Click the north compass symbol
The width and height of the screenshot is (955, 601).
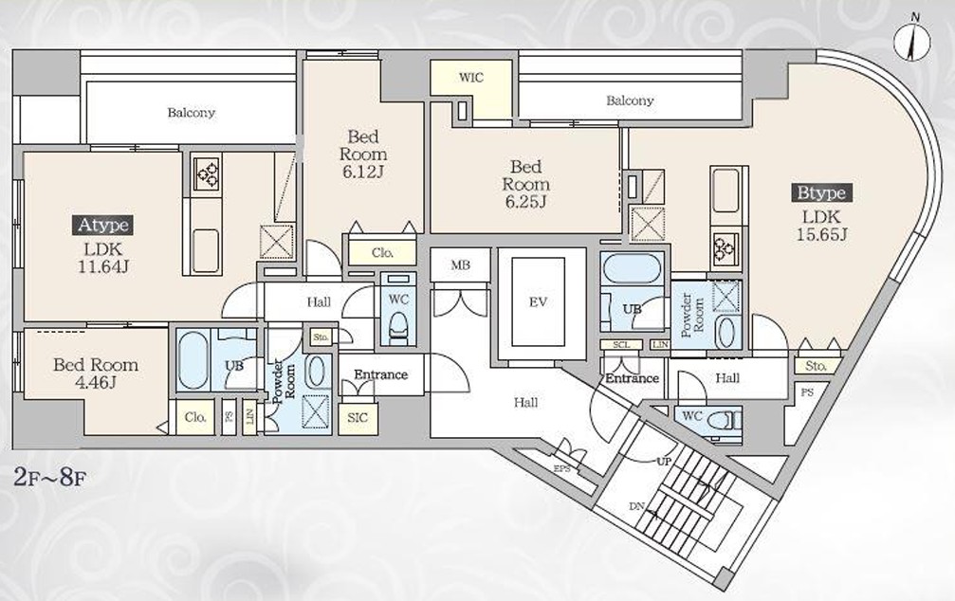tap(911, 39)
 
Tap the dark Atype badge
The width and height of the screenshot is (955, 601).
tap(103, 225)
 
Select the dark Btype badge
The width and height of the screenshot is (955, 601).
tap(821, 193)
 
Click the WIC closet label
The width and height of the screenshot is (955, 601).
tap(470, 78)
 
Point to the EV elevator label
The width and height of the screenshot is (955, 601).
tap(539, 301)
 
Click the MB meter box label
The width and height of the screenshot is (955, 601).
tap(461, 264)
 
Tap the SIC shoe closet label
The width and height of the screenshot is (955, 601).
tap(358, 418)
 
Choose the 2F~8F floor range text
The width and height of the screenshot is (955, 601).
tap(49, 476)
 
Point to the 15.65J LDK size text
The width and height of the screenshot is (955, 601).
tap(821, 234)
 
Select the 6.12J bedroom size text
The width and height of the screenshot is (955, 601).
tap(363, 172)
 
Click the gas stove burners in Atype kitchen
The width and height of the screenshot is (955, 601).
tap(207, 174)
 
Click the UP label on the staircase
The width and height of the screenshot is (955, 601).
tap(664, 462)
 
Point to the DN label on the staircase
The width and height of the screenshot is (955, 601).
tap(636, 507)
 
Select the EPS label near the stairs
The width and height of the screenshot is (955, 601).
tap(561, 469)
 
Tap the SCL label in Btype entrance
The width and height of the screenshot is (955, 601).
tap(621, 345)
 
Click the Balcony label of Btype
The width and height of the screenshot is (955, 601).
tap(630, 100)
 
